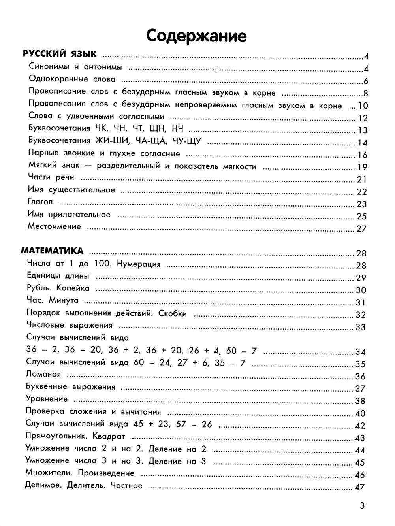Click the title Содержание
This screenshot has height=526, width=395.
click(196, 36)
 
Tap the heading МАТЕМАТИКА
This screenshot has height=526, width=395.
click(52, 251)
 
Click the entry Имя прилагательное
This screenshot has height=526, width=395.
click(69, 214)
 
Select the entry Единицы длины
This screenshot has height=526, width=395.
click(58, 276)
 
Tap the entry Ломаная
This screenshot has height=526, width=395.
click(43, 374)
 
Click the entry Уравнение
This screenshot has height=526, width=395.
click(47, 399)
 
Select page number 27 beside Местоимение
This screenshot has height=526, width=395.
click(361, 229)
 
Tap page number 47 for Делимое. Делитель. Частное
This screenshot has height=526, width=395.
click(359, 487)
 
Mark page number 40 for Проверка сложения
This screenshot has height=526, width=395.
click(360, 413)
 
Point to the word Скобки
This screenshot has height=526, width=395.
click(172, 313)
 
